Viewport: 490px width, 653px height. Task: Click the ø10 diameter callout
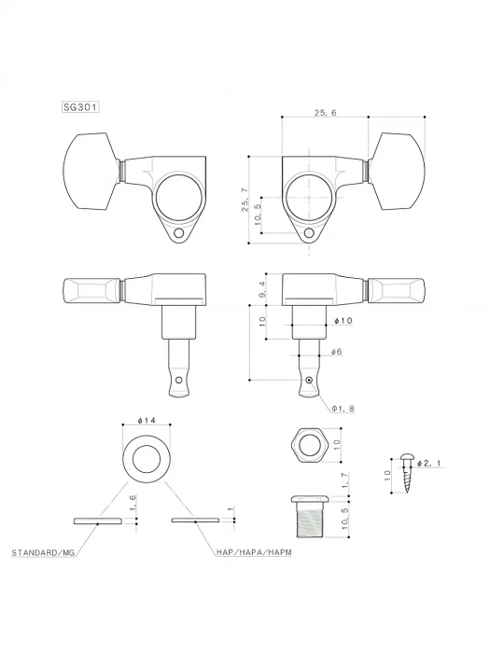click(x=342, y=321)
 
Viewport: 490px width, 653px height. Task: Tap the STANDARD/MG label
click(x=42, y=552)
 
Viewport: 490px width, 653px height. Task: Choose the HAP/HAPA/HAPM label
click(x=248, y=552)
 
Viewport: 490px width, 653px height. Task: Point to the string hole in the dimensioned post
click(x=309, y=381)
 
